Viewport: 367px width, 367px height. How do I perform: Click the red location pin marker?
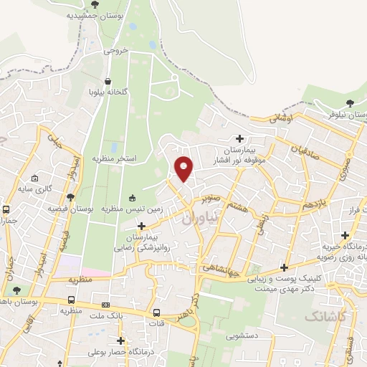click(x=184, y=168)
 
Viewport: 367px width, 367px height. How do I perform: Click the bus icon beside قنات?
click(x=157, y=313)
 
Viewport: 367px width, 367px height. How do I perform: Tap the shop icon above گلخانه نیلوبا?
click(x=108, y=82)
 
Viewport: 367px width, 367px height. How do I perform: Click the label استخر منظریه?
click(x=114, y=157)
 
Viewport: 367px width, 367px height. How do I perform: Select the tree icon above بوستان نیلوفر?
click(x=350, y=103)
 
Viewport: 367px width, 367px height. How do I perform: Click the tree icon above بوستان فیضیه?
click(x=70, y=196)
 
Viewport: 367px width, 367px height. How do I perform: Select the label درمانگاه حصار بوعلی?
click(x=116, y=353)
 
